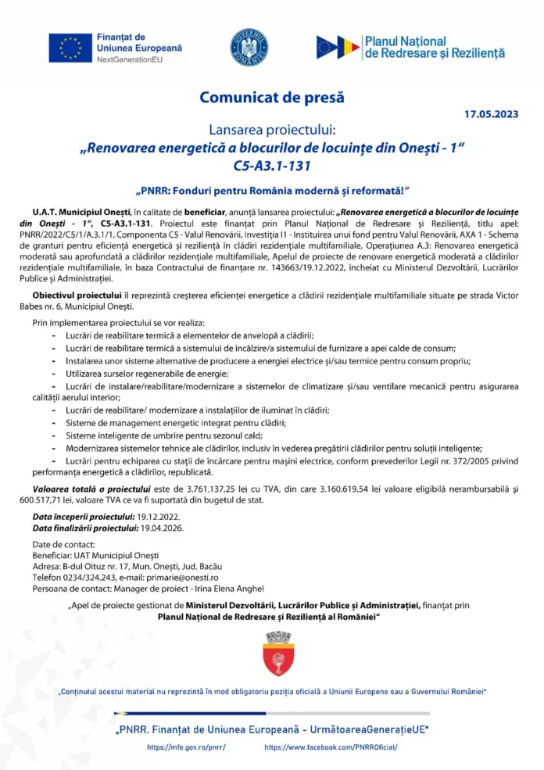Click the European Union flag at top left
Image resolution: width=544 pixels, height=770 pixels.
click(x=70, y=48)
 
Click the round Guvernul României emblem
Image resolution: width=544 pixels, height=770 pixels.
click(x=249, y=47)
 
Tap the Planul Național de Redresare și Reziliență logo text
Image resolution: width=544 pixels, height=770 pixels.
click(x=434, y=48)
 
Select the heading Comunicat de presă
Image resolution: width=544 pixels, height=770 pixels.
click(x=271, y=98)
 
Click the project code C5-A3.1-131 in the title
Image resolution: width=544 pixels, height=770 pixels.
click(x=271, y=166)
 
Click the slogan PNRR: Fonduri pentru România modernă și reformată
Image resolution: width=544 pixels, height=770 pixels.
click(x=272, y=191)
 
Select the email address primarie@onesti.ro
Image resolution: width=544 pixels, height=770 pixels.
click(x=224, y=576)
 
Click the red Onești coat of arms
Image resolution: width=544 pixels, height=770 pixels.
click(x=272, y=654)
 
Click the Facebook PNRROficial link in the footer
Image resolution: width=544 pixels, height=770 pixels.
click(x=331, y=748)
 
